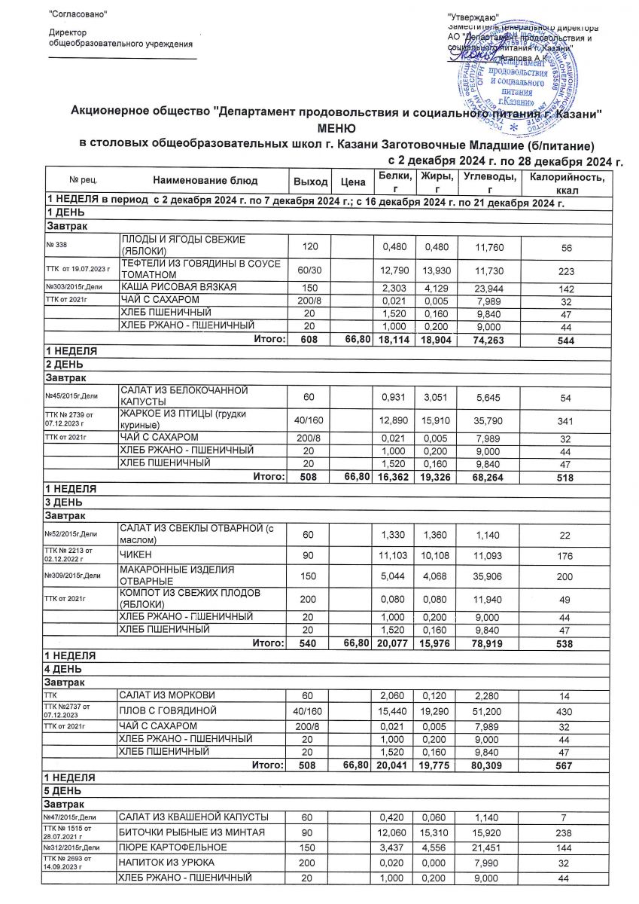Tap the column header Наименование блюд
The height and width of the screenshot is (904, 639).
[x=205, y=181]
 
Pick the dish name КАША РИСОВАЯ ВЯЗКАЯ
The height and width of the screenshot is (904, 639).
[x=178, y=287]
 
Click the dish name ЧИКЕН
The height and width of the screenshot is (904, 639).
[x=137, y=555]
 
